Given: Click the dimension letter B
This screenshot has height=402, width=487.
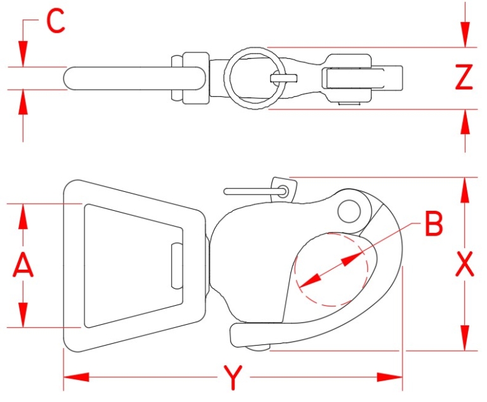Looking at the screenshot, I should tap(433, 223).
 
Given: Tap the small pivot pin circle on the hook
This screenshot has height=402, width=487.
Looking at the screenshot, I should tap(348, 211).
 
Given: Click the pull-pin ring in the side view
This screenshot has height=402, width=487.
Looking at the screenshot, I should tap(283, 188).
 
